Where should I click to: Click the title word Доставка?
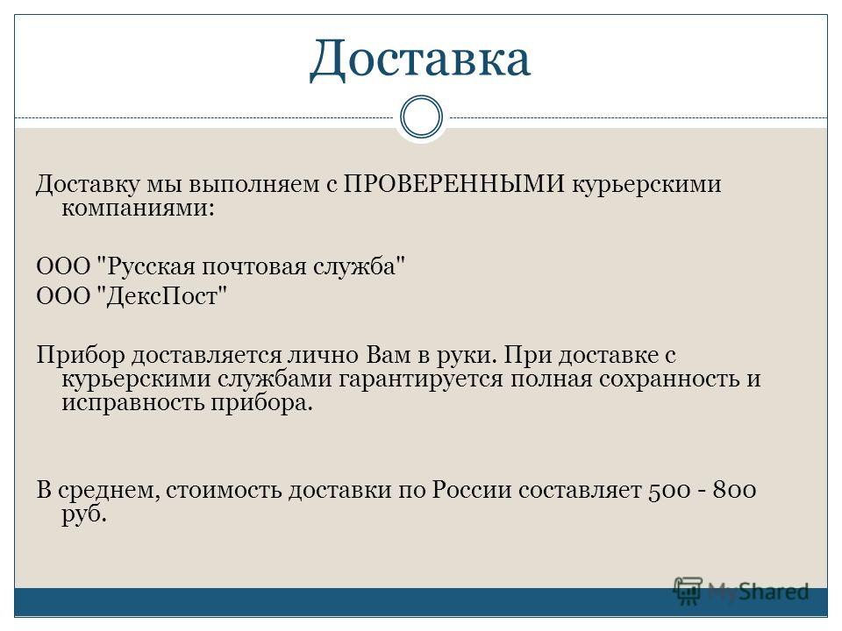pyautogui.click(x=420, y=59)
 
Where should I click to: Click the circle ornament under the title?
pyautogui.click(x=422, y=117)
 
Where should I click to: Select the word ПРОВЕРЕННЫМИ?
pyautogui.click(x=453, y=184)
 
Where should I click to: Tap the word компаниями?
pyautogui.click(x=138, y=209)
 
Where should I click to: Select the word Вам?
pyautogui.click(x=389, y=355)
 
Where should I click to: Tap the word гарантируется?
pyautogui.click(x=420, y=379)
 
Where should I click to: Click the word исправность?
pyautogui.click(x=132, y=403)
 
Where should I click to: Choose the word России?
pyautogui.click(x=472, y=490)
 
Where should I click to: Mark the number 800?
pyautogui.click(x=735, y=490)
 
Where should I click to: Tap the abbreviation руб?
pyautogui.click(x=84, y=515)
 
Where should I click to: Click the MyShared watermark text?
pyautogui.click(x=758, y=592)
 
